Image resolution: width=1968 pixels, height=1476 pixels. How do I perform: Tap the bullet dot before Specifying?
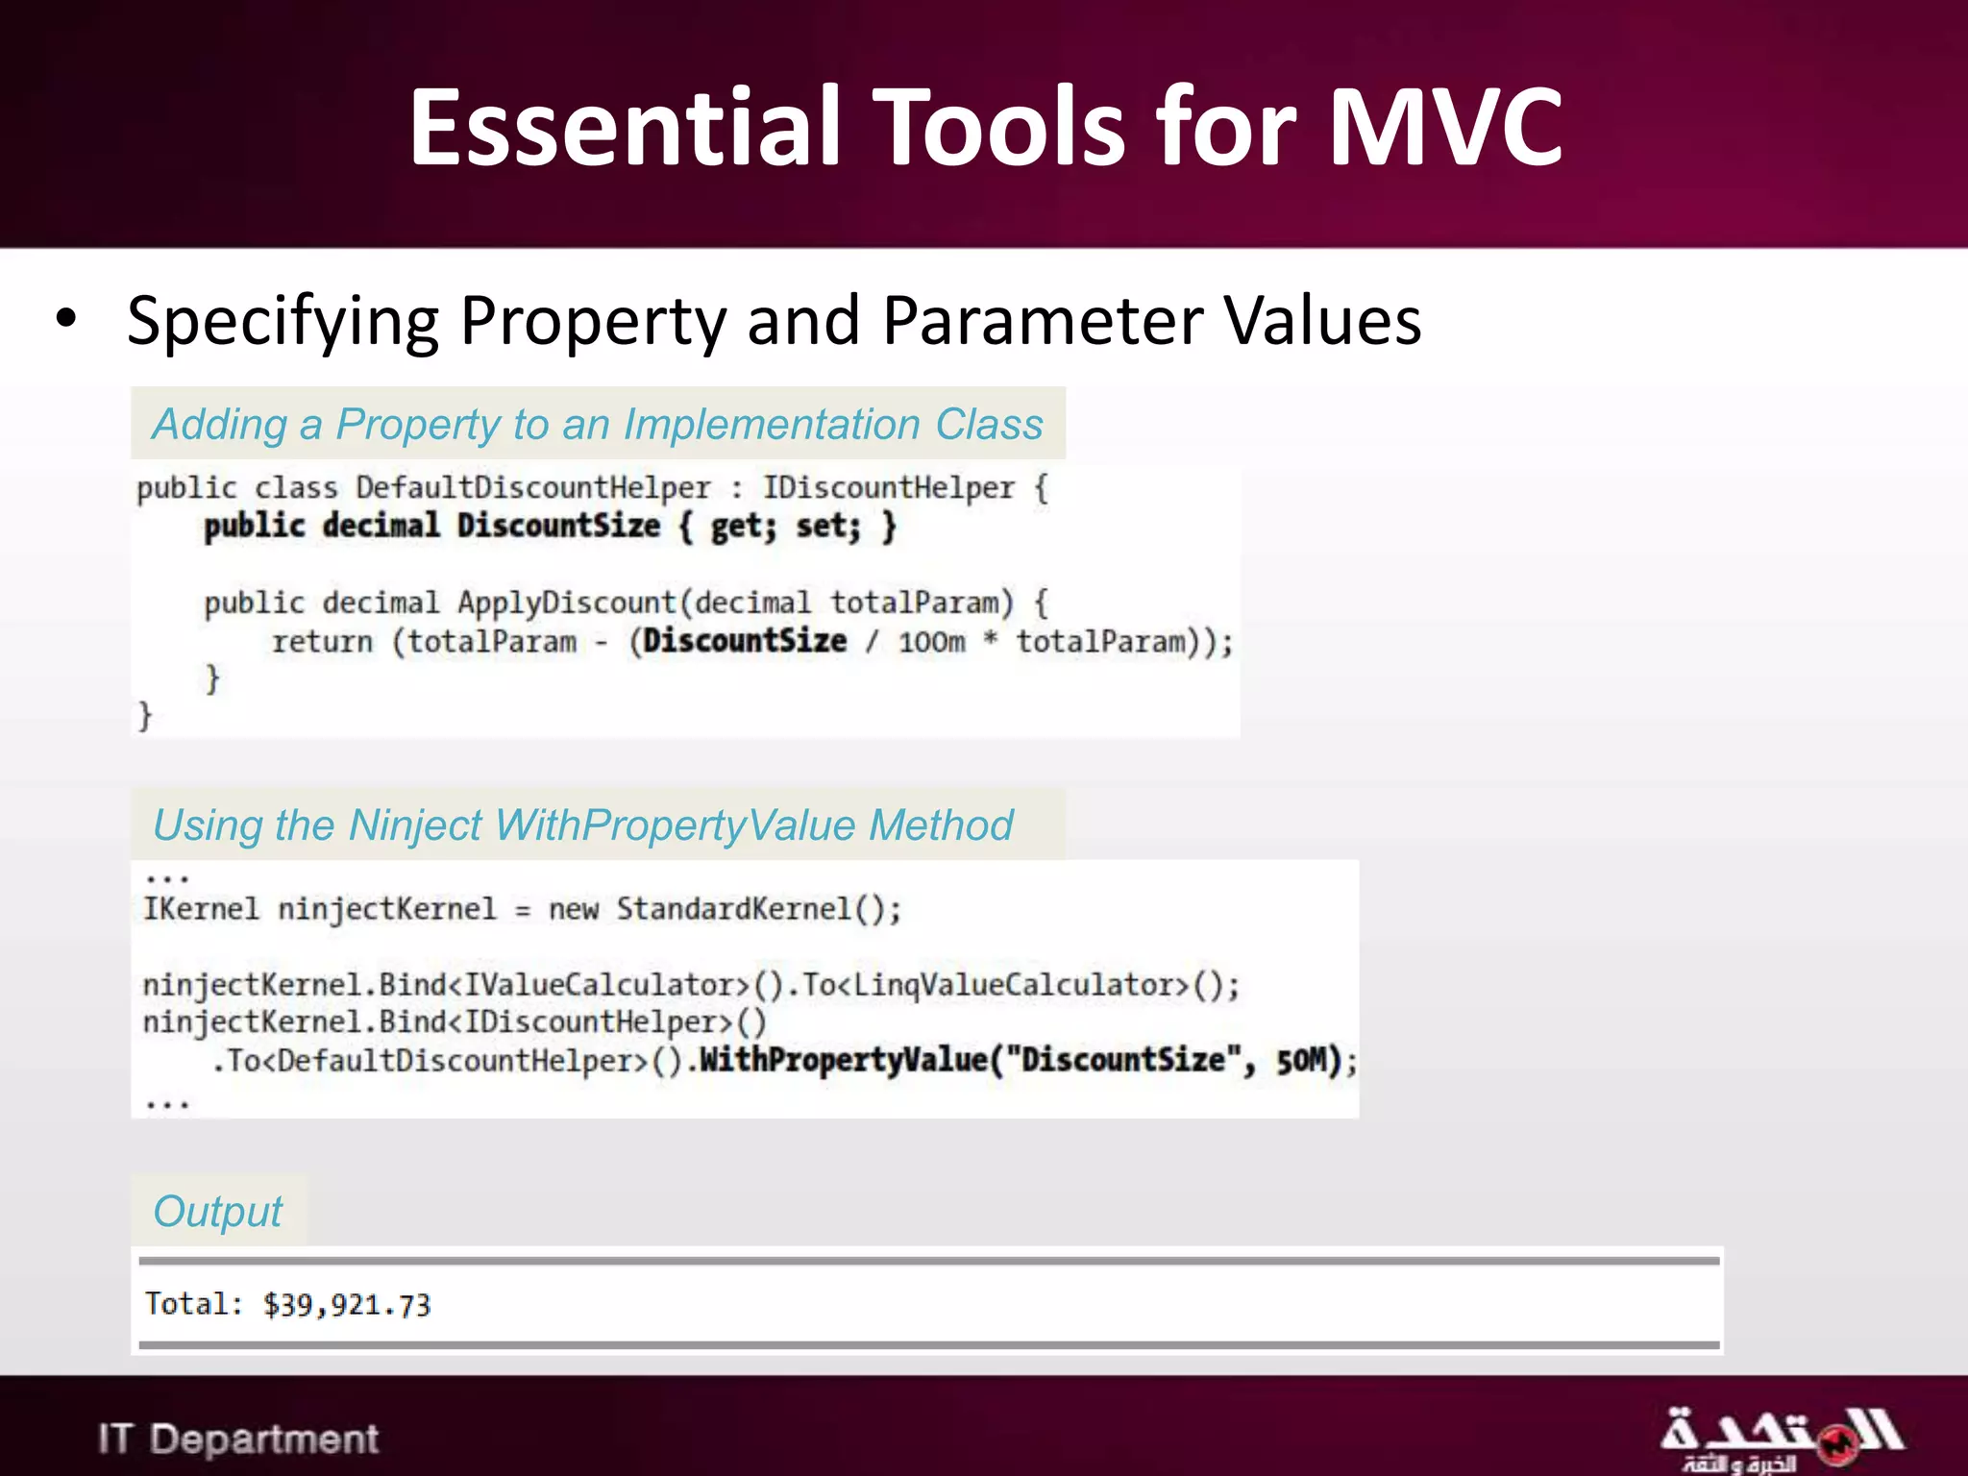[x=65, y=319]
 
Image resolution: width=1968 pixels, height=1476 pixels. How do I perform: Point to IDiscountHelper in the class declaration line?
[x=889, y=488]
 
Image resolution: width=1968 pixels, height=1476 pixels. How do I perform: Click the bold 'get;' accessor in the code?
[x=743, y=527]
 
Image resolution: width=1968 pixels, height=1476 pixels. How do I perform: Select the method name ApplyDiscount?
[x=567, y=603]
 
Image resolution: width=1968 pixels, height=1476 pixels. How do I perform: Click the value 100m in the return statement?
[x=931, y=642]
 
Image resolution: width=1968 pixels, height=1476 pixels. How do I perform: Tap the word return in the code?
[x=322, y=642]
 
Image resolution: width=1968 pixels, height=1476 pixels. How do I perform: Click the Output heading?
[x=218, y=1211]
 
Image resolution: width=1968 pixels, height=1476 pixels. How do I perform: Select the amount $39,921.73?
[x=347, y=1305]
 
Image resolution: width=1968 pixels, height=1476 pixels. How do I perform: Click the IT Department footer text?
[x=238, y=1439]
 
